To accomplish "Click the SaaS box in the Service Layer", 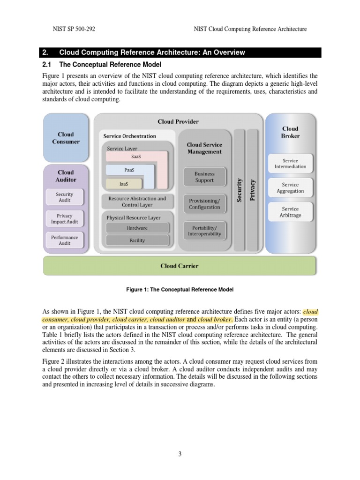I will pyautogui.click(x=135, y=157).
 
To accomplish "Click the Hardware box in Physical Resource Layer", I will pyautogui.click(x=137, y=228).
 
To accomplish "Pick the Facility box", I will pyautogui.click(x=137, y=240).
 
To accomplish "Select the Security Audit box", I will pyautogui.click(x=64, y=197).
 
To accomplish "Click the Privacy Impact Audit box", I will pyautogui.click(x=64, y=219).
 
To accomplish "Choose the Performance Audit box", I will pyautogui.click(x=64, y=240).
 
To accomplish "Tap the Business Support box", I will pyautogui.click(x=204, y=177).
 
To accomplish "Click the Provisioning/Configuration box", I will pyautogui.click(x=204, y=204).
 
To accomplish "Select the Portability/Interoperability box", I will pyautogui.click(x=204, y=231).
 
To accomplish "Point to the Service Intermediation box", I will pyautogui.click(x=290, y=164).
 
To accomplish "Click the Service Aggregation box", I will pyautogui.click(x=290, y=188).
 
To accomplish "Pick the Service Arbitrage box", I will pyautogui.click(x=290, y=212).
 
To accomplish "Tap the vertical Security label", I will pyautogui.click(x=240, y=190).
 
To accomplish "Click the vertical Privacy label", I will pyautogui.click(x=253, y=190).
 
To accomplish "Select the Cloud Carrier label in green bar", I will pyautogui.click(x=180, y=266).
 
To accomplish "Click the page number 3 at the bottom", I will pyautogui.click(x=180, y=454).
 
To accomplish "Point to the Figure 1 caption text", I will pyautogui.click(x=180, y=290).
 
